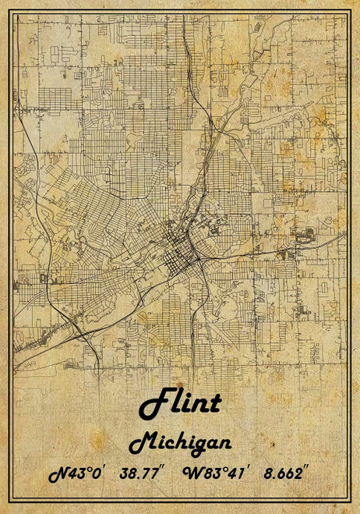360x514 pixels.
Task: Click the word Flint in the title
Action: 180,403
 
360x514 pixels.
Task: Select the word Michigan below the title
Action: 180,443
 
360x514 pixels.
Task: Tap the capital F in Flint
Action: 152,403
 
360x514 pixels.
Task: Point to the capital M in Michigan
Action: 141,444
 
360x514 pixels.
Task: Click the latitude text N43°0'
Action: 76,474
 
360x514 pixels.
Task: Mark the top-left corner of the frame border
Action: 15,15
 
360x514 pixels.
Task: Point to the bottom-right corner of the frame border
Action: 345,500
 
